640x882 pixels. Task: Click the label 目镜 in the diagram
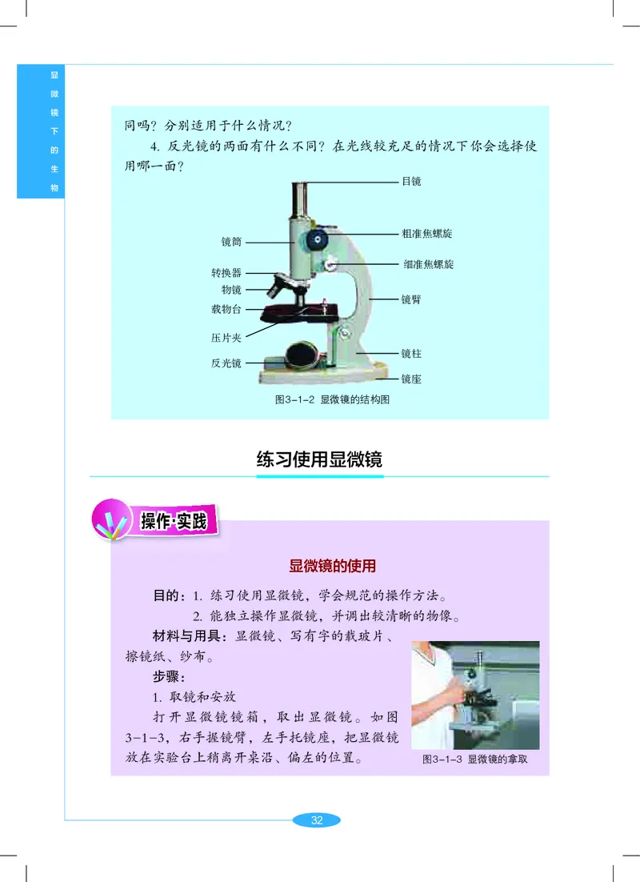(411, 182)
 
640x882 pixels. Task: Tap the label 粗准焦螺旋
(427, 234)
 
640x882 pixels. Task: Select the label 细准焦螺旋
(428, 263)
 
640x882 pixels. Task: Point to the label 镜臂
(411, 299)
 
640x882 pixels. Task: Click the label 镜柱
(411, 352)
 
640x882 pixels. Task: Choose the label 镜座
(411, 379)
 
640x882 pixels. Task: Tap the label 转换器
(226, 273)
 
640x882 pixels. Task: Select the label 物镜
(231, 289)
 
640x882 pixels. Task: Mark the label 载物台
(226, 309)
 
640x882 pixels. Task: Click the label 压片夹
(226, 338)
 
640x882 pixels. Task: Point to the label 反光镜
(226, 363)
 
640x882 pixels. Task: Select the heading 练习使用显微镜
(319, 459)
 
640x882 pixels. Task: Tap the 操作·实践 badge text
(174, 523)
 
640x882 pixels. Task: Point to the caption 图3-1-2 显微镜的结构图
(331, 399)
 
